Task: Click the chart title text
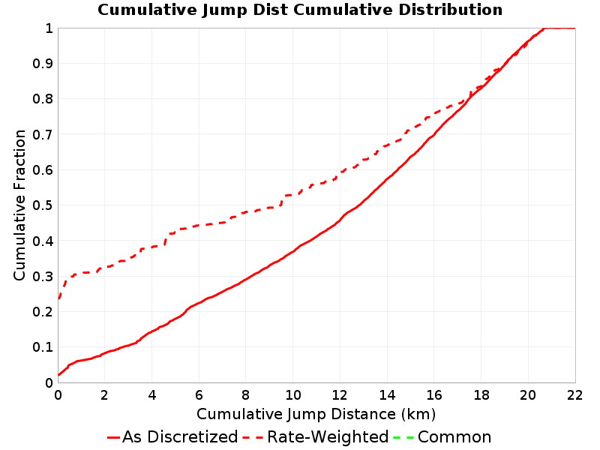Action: click(x=300, y=10)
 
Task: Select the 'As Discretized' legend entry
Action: click(x=173, y=436)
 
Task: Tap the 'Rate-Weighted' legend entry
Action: click(x=316, y=436)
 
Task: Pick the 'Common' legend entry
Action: click(x=442, y=436)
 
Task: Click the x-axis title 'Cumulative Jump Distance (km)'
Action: click(x=316, y=414)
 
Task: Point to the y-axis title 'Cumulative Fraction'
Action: click(x=19, y=205)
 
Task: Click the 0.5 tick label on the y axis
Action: click(x=43, y=205)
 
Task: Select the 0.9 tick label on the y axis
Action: click(x=43, y=64)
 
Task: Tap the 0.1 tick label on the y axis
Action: click(x=43, y=347)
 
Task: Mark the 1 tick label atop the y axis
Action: click(x=49, y=28)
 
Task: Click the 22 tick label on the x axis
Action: click(x=575, y=395)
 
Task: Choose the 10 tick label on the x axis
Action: click(x=293, y=395)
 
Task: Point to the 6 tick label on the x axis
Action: click(x=199, y=395)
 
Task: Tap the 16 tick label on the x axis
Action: click(x=434, y=395)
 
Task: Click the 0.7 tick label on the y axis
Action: click(x=43, y=134)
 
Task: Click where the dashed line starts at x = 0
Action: click(x=58, y=298)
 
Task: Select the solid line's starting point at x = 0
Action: click(x=58, y=375)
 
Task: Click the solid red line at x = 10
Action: click(x=293, y=251)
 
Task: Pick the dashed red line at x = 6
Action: click(x=199, y=226)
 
